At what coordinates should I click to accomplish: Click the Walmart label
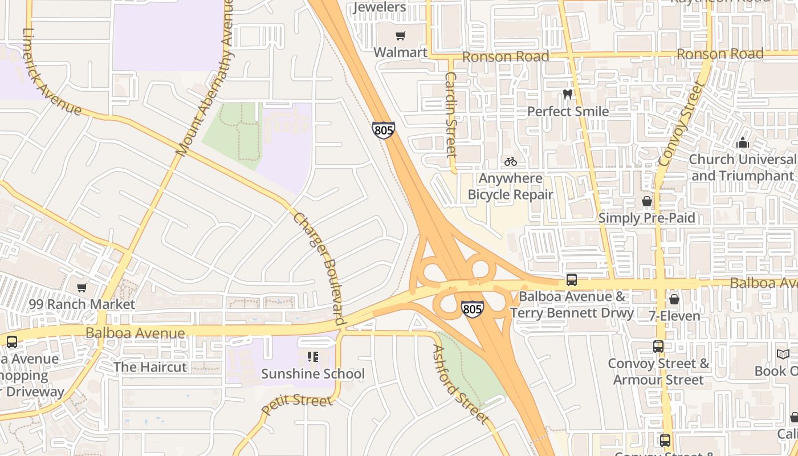point(400,52)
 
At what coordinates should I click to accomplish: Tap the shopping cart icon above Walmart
point(401,36)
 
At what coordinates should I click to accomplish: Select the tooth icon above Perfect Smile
point(567,94)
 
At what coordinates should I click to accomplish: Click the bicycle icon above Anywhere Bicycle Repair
point(510,161)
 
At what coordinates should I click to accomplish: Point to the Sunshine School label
point(312,374)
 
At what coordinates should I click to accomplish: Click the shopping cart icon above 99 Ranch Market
point(82,287)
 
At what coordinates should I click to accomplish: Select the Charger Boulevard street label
point(320,268)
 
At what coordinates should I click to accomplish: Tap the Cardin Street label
point(451,114)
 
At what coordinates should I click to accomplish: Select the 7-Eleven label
point(674,316)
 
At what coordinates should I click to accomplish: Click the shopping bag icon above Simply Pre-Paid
point(646,201)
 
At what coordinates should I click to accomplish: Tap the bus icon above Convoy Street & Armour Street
point(658,347)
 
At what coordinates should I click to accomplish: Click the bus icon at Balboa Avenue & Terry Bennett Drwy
point(571,280)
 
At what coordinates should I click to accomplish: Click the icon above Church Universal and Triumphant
point(742,142)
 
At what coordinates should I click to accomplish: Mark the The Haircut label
point(150,367)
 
